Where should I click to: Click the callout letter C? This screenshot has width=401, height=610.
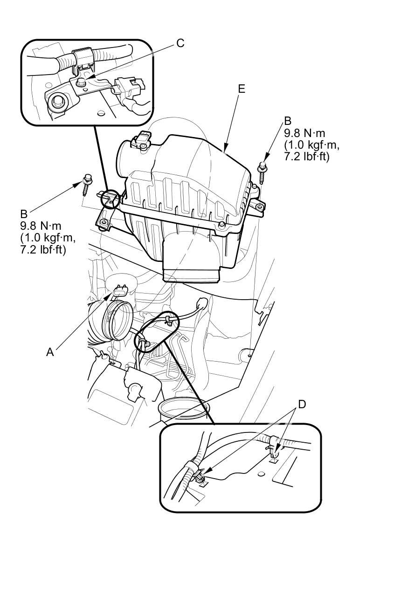click(180, 43)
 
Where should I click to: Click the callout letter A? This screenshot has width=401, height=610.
click(50, 352)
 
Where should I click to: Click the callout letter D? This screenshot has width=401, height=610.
click(302, 404)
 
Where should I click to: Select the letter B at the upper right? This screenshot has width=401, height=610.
click(288, 122)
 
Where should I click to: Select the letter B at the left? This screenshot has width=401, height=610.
click(24, 214)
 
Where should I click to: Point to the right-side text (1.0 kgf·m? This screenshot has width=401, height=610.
click(311, 145)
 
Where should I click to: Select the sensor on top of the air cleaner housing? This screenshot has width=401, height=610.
click(143, 140)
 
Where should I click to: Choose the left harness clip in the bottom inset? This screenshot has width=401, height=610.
click(198, 476)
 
